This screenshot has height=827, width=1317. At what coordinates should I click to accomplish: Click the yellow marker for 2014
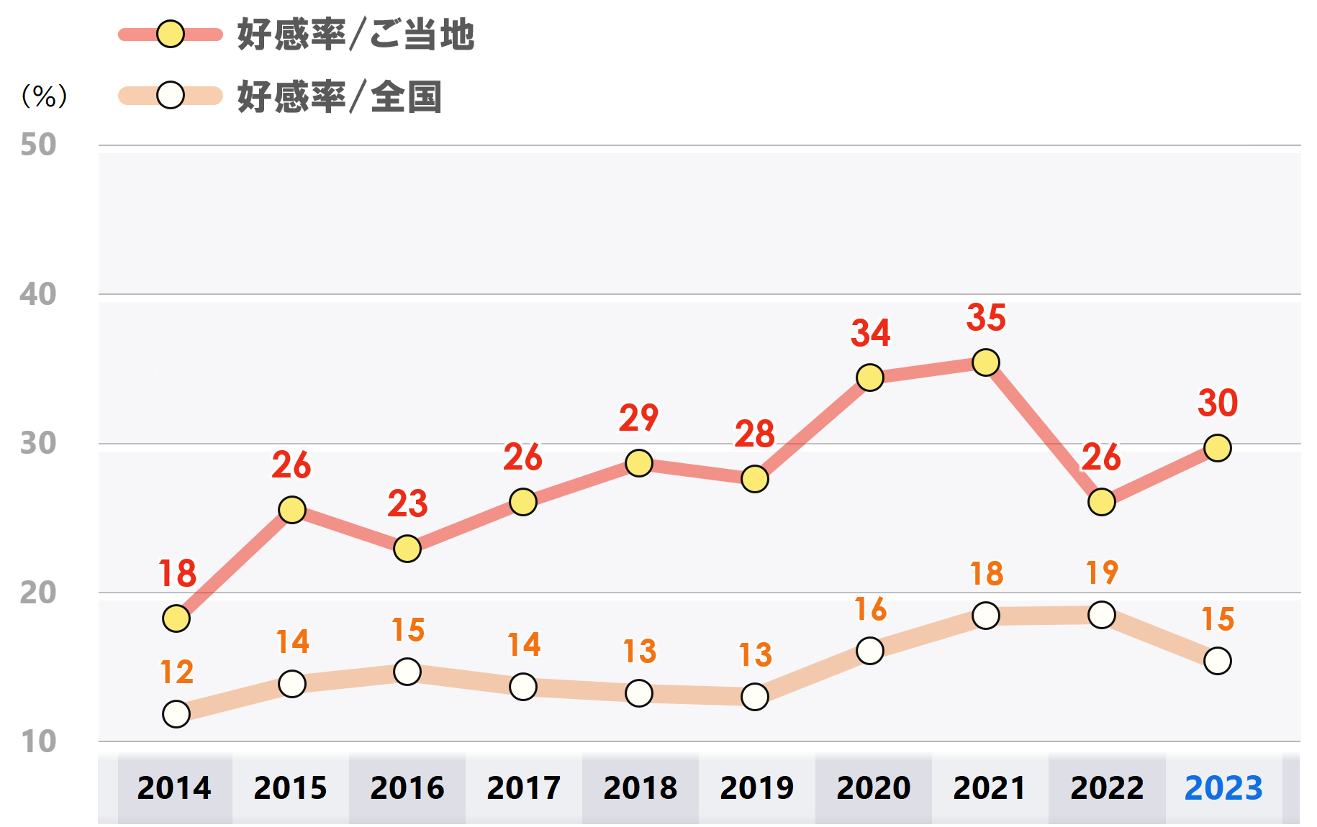(176, 618)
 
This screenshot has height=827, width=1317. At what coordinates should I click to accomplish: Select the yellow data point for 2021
(985, 362)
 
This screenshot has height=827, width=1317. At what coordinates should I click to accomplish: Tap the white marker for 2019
(754, 696)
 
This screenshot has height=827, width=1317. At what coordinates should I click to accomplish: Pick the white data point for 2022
(1101, 615)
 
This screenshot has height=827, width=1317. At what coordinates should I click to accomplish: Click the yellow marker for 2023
(1217, 448)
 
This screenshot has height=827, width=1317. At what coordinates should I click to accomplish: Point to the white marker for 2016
(407, 672)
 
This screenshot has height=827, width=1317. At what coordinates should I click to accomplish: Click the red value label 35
(986, 318)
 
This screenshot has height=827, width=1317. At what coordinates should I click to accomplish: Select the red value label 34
(870, 333)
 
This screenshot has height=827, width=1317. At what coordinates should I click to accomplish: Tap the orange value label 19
(1102, 573)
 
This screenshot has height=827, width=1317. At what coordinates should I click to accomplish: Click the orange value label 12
(176, 672)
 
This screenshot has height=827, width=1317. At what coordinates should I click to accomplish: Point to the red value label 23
(407, 504)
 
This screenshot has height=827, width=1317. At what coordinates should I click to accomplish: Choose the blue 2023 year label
(1223, 788)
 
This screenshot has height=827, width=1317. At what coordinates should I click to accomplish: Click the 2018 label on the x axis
(640, 788)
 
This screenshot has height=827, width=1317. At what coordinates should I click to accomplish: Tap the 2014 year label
(174, 788)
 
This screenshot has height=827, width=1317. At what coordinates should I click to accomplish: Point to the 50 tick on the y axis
(38, 145)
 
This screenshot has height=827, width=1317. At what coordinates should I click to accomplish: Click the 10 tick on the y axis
(38, 741)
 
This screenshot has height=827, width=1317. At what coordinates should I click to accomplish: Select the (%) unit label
(44, 96)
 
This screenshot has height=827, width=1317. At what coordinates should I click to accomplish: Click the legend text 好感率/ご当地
(356, 35)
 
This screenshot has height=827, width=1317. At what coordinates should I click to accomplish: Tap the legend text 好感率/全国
(339, 96)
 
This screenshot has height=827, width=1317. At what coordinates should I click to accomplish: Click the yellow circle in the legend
(171, 34)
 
